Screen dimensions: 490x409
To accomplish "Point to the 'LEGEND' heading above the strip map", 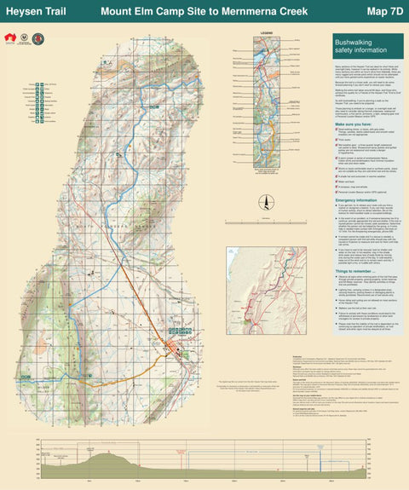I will (265, 35).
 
